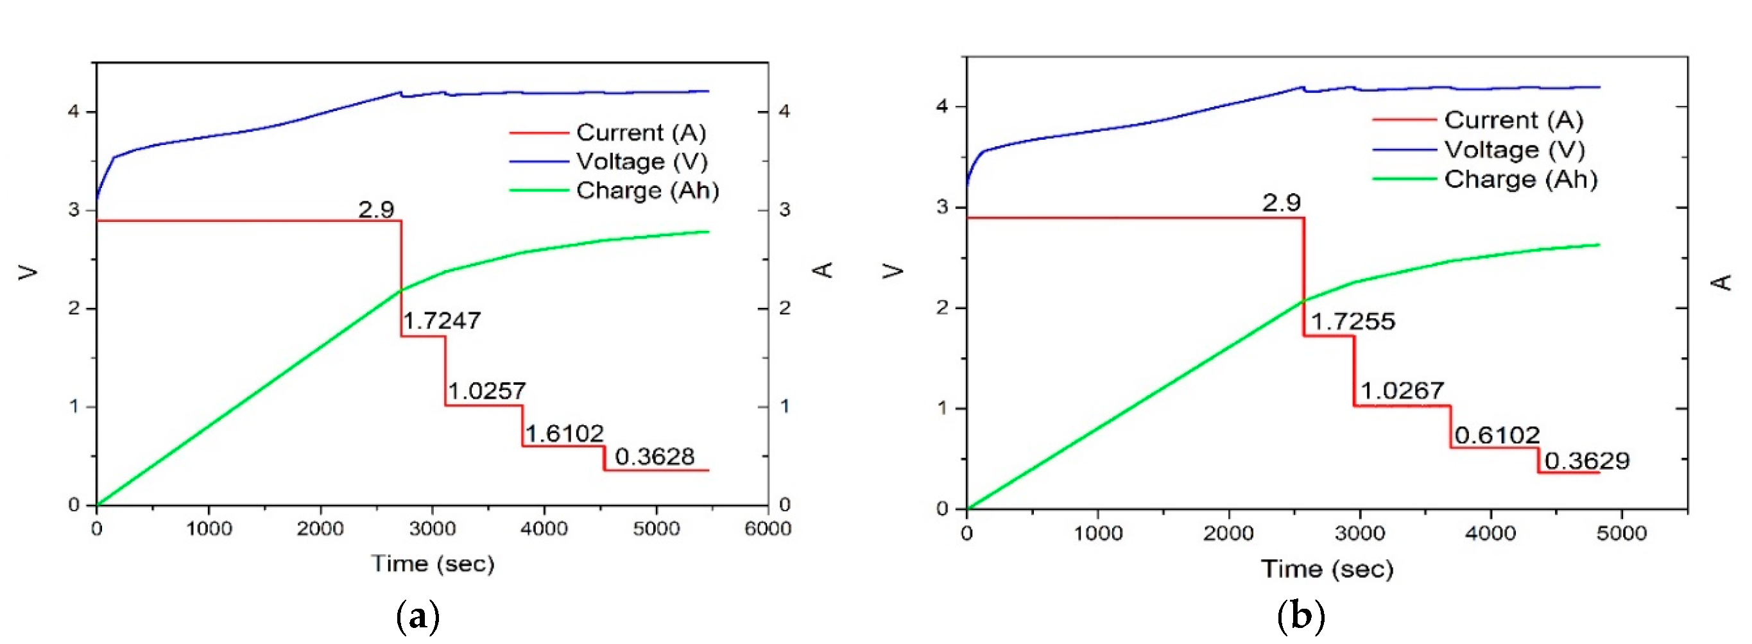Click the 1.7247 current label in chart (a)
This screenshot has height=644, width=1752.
point(442,320)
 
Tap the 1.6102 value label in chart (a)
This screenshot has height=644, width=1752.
point(564,433)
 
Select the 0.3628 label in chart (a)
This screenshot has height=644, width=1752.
point(655,456)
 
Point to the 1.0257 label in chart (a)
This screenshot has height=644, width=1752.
point(486,391)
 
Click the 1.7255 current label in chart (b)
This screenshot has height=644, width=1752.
point(1352,321)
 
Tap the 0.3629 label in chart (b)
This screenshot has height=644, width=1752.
point(1586,461)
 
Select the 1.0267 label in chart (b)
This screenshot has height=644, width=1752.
point(1402,391)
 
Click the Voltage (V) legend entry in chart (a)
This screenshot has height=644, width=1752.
point(641,161)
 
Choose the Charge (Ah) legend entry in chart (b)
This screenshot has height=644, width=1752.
point(1520,179)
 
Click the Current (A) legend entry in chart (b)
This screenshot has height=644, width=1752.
point(1513,120)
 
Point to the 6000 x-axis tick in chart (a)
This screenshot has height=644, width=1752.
point(768,529)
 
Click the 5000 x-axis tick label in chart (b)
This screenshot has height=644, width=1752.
point(1620,532)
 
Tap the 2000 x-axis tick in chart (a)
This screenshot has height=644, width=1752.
point(320,529)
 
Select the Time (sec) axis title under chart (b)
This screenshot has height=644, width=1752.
point(1327,568)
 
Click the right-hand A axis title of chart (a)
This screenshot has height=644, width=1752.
point(823,269)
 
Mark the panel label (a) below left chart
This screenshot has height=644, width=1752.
point(417,616)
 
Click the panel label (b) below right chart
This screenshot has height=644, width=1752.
point(1301,616)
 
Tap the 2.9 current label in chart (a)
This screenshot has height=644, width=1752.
point(376,208)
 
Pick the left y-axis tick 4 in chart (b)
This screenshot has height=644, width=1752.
point(942,106)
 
